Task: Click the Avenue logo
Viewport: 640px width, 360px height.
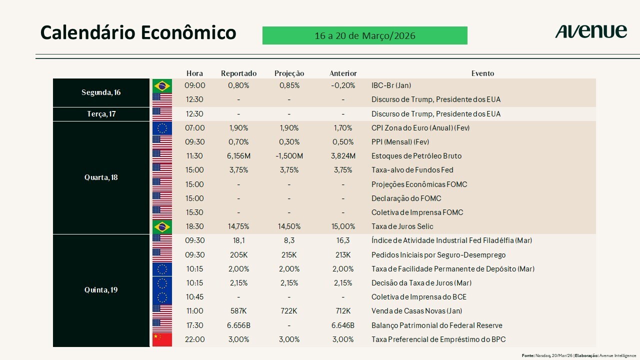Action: (x=591, y=31)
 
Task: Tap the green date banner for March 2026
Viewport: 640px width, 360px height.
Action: (x=365, y=35)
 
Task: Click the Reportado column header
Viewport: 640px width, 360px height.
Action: (x=238, y=73)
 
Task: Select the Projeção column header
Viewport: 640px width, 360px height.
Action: (x=289, y=73)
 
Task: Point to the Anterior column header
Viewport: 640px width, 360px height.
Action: (x=343, y=73)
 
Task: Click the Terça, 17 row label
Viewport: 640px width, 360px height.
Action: (x=101, y=114)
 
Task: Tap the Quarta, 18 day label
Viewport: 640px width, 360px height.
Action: (x=101, y=177)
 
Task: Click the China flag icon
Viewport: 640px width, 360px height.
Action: (x=162, y=339)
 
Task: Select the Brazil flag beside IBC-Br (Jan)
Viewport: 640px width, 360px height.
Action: (x=162, y=85)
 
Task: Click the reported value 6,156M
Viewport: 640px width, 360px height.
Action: (x=238, y=156)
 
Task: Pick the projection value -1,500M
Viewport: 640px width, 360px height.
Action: (x=289, y=156)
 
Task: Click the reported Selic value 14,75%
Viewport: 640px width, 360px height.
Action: (x=238, y=226)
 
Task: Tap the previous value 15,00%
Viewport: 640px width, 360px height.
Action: (x=343, y=226)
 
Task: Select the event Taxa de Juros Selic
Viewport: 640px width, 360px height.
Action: (x=402, y=226)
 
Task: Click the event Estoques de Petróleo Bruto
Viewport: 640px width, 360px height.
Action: (x=416, y=156)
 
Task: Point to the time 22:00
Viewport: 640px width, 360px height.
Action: (x=194, y=339)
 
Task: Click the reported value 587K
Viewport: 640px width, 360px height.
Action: (x=238, y=311)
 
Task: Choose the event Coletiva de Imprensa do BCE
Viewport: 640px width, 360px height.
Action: (x=419, y=297)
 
